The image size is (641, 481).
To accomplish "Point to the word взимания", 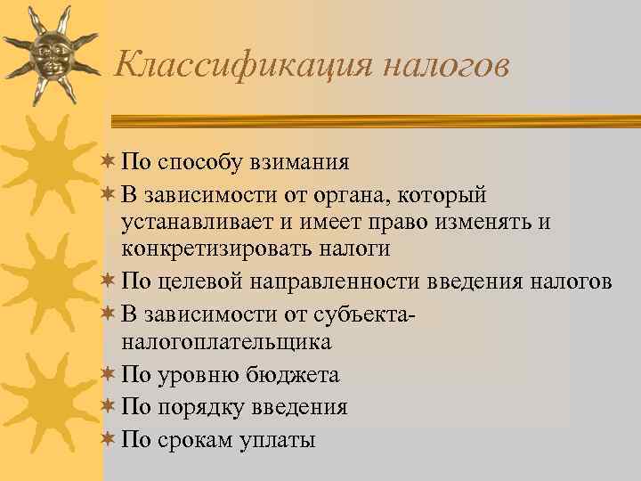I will tap(299, 163).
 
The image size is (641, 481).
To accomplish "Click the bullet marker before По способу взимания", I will tap(109, 163).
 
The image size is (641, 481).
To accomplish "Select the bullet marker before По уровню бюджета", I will tap(109, 375).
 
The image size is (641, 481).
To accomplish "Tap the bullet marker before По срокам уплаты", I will tap(109, 439).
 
